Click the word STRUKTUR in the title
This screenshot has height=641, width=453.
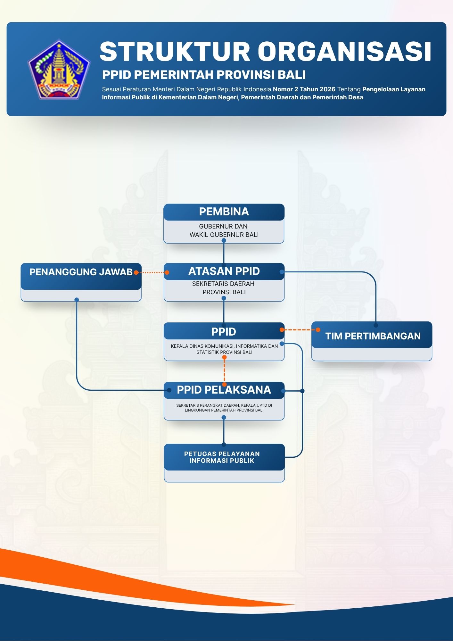click(175, 52)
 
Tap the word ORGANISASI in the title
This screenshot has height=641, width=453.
click(345, 52)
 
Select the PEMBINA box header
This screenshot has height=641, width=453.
click(224, 212)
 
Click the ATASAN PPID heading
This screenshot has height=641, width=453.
click(224, 271)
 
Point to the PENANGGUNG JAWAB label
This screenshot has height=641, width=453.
click(81, 272)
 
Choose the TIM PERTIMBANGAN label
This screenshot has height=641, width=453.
click(373, 336)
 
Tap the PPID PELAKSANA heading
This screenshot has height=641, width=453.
click(224, 390)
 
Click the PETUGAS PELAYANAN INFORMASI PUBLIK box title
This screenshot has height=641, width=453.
click(222, 457)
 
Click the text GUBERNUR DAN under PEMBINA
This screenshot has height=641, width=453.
click(223, 226)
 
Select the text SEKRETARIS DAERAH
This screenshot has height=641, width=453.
click(223, 284)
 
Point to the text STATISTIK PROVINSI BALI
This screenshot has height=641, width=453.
click(224, 352)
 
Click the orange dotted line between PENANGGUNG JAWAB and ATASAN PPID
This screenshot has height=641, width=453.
click(151, 272)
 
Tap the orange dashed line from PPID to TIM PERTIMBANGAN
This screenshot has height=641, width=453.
click(300, 330)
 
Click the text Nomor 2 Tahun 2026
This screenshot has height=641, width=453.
click(304, 89)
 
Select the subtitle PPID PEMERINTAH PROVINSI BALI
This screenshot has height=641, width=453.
click(204, 75)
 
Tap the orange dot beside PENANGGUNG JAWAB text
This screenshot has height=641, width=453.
click(136, 272)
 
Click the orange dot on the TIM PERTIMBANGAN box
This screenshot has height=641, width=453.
click(318, 330)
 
